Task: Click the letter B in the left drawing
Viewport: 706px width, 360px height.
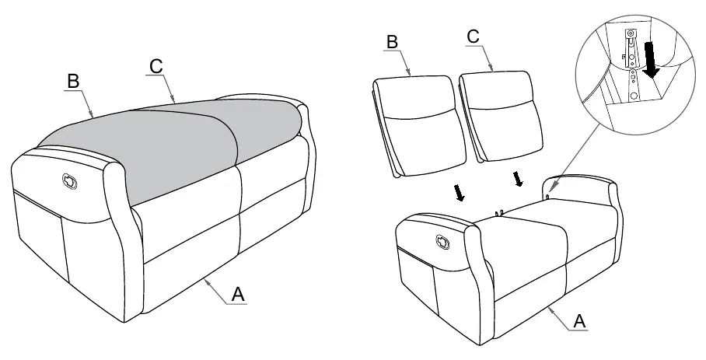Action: point(73,82)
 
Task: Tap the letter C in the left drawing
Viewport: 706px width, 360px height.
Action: point(156,66)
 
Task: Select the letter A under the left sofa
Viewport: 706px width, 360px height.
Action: point(238,295)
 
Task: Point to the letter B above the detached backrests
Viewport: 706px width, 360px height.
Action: point(392,42)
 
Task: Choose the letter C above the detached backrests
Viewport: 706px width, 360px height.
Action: point(473,37)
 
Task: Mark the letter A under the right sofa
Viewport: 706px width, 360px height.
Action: point(579,321)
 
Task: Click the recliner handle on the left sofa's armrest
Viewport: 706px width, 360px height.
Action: point(69,181)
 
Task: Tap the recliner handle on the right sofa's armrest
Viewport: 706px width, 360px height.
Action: point(442,242)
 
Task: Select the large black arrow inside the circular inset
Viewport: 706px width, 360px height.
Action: point(651,59)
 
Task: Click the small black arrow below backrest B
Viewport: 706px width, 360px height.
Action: point(460,192)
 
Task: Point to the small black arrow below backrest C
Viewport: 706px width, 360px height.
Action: point(519,179)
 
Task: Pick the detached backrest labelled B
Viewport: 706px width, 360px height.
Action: point(420,126)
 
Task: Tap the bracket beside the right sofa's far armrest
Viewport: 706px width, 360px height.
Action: point(547,197)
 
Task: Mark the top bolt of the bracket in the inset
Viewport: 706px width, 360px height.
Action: point(631,33)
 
